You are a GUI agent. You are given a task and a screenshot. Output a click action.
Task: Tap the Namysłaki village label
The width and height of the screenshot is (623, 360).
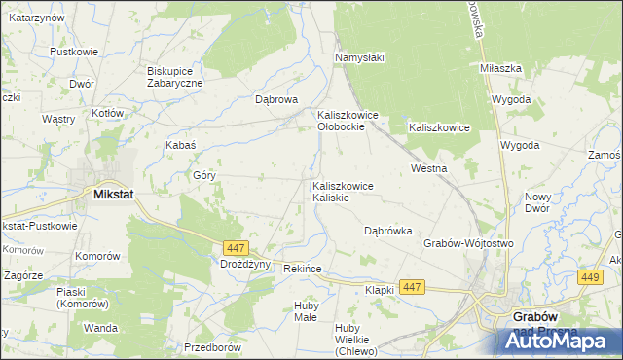(x=360, y=57)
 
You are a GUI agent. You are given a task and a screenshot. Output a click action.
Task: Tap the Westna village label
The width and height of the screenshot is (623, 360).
(x=428, y=168)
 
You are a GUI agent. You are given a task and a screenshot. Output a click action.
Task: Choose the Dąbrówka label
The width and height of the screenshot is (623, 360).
(x=388, y=231)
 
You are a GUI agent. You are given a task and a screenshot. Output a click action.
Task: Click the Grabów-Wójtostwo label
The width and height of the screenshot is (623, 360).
(x=468, y=243)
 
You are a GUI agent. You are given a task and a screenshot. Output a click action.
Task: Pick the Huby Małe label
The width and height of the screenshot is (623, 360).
(x=306, y=311)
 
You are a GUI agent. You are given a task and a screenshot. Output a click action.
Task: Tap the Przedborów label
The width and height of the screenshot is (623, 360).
(x=211, y=347)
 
